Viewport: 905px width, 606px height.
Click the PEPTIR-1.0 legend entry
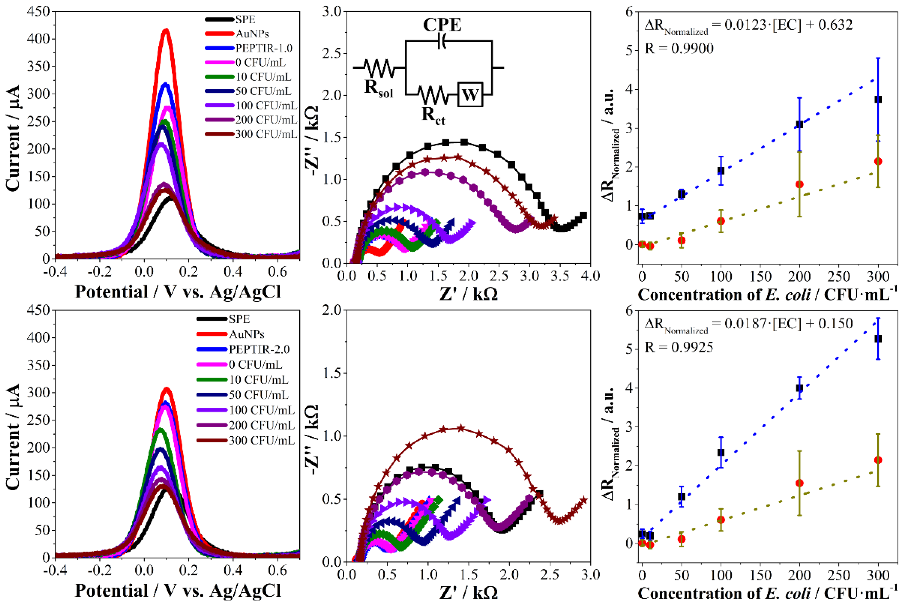264,48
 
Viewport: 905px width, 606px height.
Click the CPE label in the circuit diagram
442,25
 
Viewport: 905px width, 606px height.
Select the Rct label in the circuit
433,115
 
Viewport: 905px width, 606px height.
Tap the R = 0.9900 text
679,49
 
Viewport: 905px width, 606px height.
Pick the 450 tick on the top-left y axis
39,12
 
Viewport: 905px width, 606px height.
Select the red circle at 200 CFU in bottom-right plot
799,483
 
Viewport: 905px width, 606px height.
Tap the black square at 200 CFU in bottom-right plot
799,388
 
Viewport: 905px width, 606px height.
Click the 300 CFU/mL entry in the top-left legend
266,134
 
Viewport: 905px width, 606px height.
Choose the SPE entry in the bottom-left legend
239,319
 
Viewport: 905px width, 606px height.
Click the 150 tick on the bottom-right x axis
760,575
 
